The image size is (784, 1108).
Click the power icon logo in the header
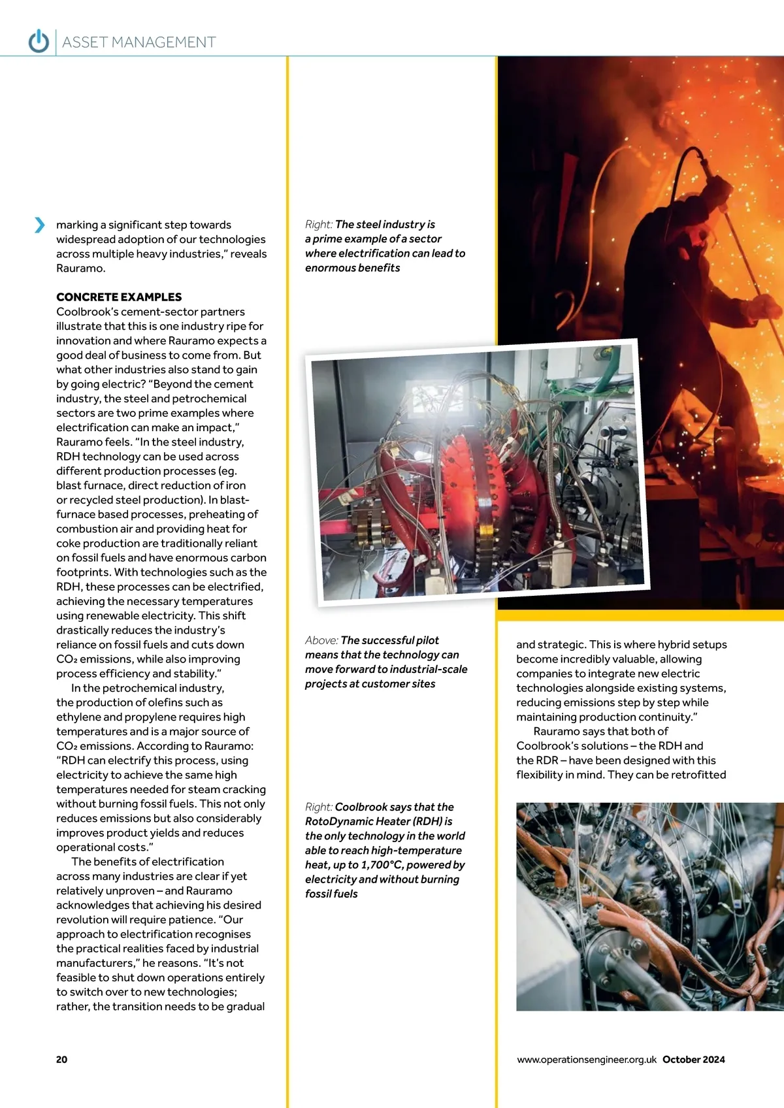coord(39,41)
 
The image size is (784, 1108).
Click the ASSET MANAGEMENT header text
coord(139,42)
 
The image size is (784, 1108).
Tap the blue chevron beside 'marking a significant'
coord(40,225)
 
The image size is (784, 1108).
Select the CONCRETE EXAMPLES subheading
coord(119,297)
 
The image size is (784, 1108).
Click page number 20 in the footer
coord(61,1059)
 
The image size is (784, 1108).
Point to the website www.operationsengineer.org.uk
coord(586,1059)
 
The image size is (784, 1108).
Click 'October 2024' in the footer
coord(693,1059)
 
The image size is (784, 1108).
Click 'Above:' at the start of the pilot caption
coord(321,640)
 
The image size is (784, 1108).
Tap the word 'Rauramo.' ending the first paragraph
coord(80,269)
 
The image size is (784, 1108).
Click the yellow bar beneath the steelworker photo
coord(640,614)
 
